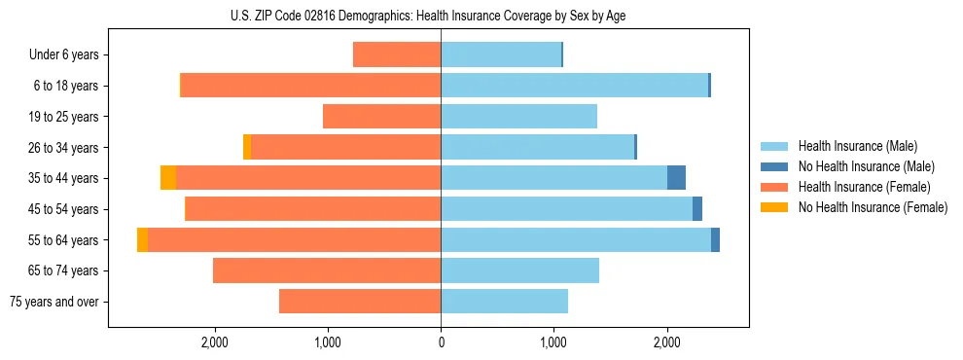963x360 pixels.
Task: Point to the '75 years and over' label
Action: click(53, 302)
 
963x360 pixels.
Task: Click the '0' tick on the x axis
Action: click(441, 342)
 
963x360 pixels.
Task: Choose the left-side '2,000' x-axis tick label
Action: click(214, 342)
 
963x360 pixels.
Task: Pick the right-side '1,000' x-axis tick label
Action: click(553, 342)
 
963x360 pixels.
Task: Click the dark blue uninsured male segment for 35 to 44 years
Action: click(676, 178)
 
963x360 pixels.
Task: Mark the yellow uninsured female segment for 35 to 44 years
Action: click(168, 178)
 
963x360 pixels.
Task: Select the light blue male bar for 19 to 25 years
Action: click(518, 117)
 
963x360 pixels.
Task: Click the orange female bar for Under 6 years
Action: click(397, 55)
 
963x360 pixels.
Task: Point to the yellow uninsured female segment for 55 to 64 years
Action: click(143, 240)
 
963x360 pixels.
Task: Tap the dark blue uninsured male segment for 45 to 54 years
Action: click(697, 209)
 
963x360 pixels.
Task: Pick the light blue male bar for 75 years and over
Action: click(504, 302)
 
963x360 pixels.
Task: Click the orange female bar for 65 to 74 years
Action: click(327, 270)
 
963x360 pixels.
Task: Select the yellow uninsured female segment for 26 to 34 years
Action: click(247, 148)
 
